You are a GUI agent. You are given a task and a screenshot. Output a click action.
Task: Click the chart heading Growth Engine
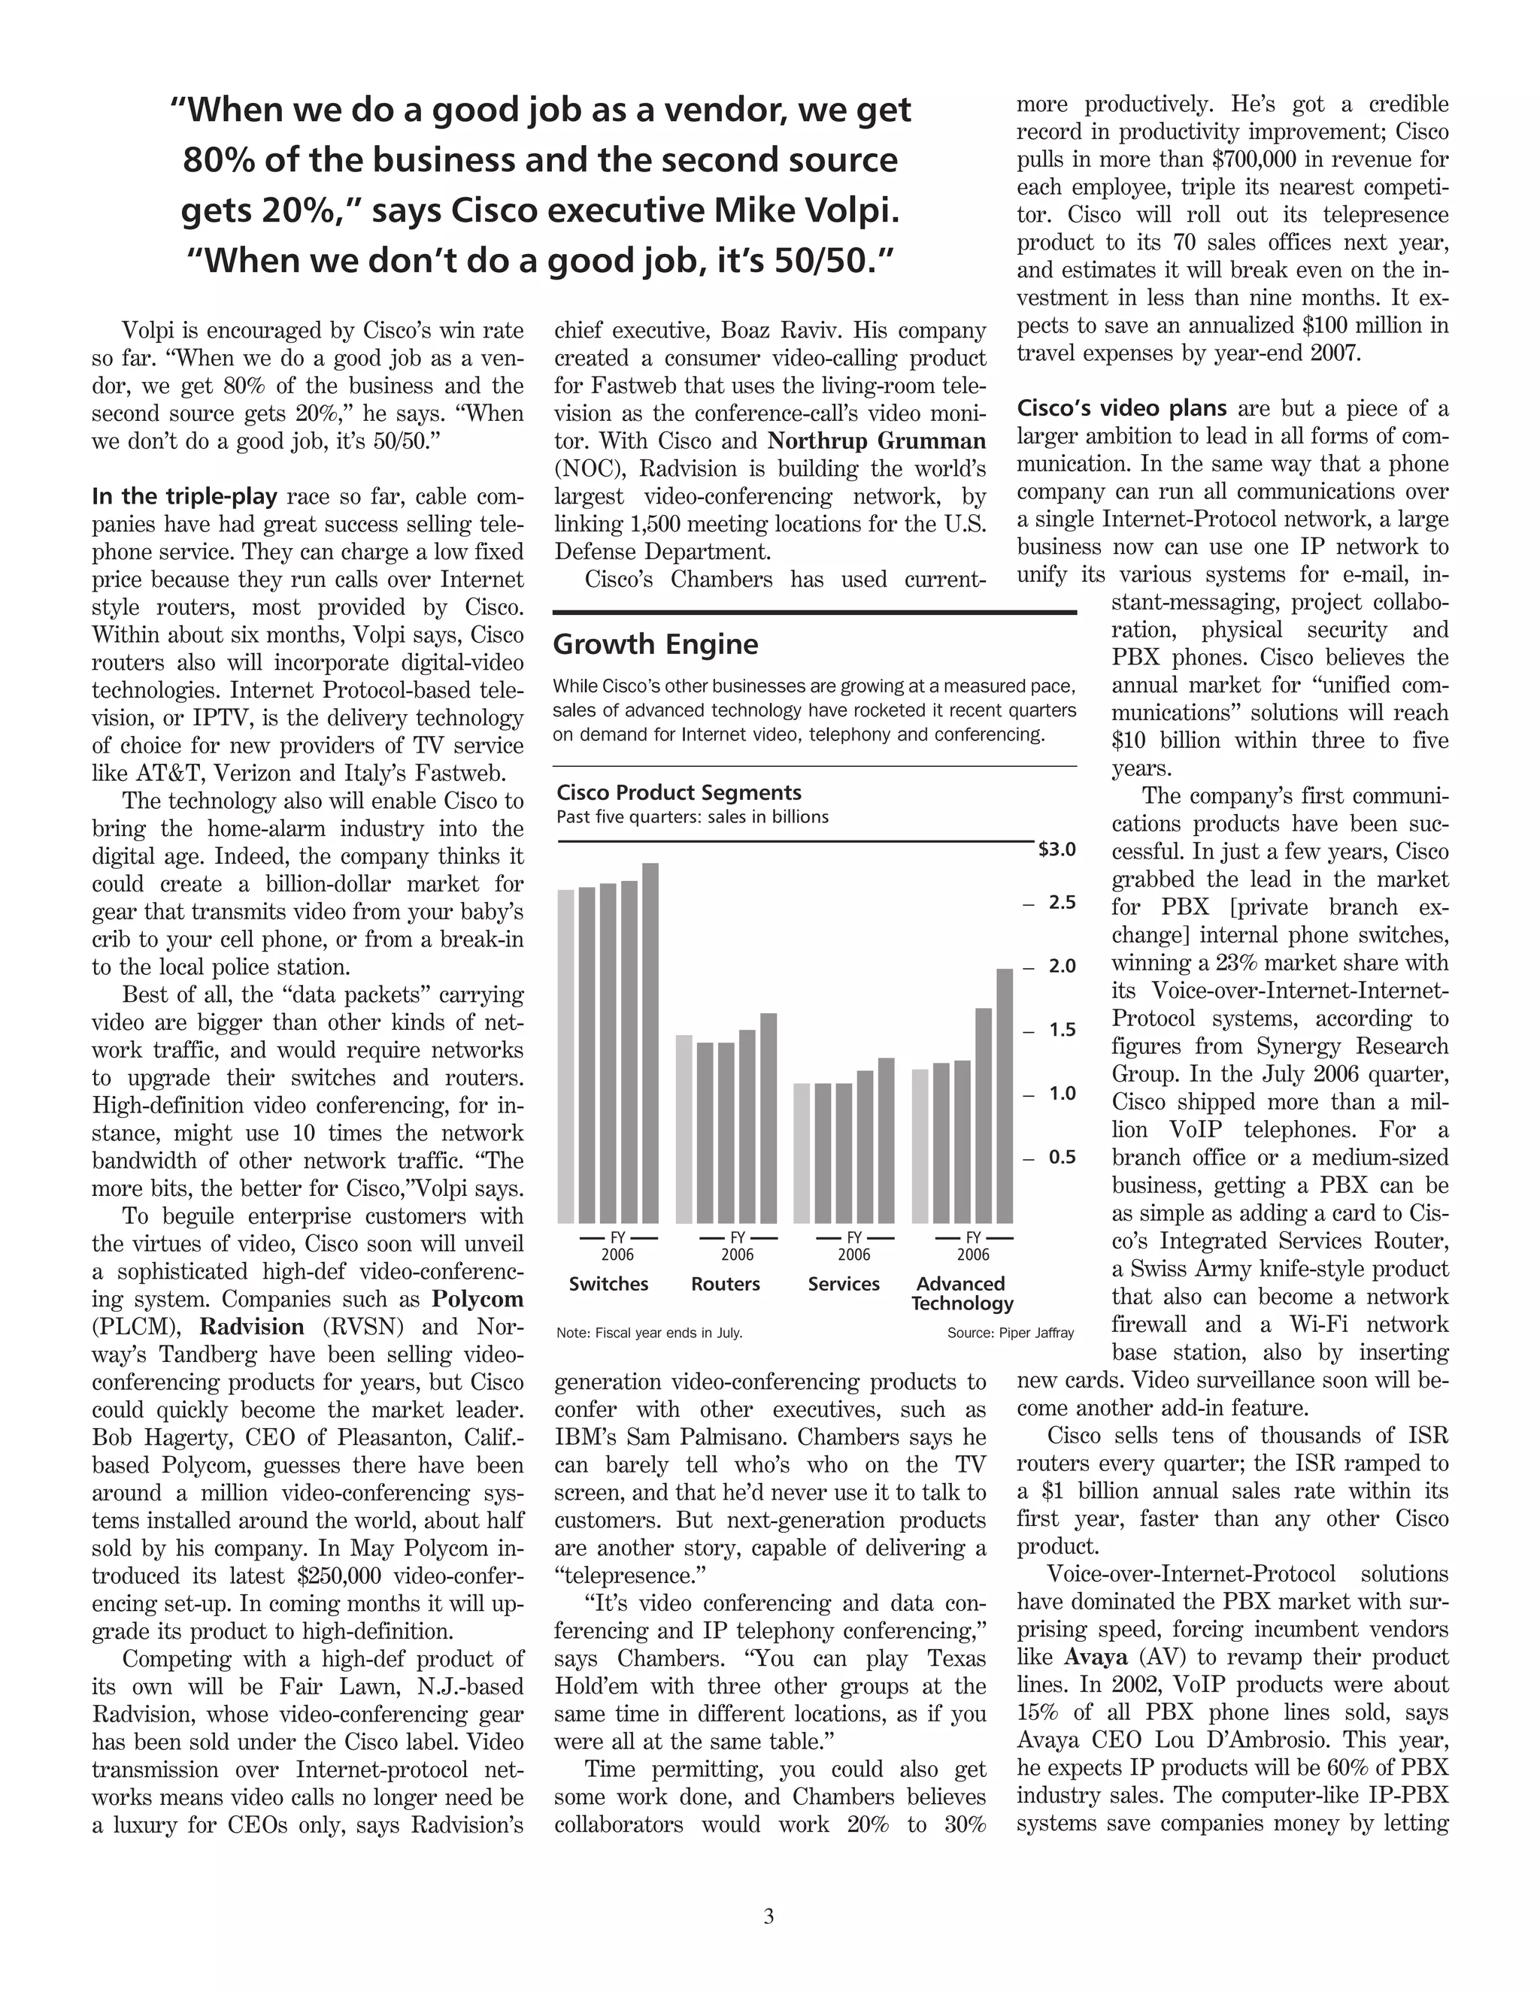tap(655, 645)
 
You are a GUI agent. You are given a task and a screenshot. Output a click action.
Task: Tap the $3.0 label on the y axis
tap(1056, 850)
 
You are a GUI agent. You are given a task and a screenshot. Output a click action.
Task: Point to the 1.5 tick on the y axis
tap(1061, 1030)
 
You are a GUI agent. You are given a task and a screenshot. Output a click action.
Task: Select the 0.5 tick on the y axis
tap(1061, 1158)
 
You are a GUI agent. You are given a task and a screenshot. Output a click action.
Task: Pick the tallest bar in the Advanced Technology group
tap(1005, 1095)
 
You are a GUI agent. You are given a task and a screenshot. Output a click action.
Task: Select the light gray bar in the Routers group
tap(684, 1129)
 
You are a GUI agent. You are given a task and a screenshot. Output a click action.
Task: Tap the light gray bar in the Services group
tap(802, 1153)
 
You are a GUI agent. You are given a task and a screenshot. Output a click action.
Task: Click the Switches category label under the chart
tap(608, 1283)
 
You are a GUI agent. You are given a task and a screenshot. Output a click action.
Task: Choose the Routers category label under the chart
tap(726, 1283)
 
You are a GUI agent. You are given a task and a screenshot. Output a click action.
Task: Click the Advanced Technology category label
tap(962, 1294)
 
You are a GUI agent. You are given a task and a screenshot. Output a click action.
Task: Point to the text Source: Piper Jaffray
tap(1011, 1333)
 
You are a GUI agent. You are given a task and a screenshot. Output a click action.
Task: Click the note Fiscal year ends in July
tap(650, 1333)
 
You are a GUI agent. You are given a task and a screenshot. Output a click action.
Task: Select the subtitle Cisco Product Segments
tap(679, 792)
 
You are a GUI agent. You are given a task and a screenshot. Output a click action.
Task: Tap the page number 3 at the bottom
tap(768, 1915)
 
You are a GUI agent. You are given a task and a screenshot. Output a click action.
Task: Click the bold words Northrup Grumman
tap(876, 441)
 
